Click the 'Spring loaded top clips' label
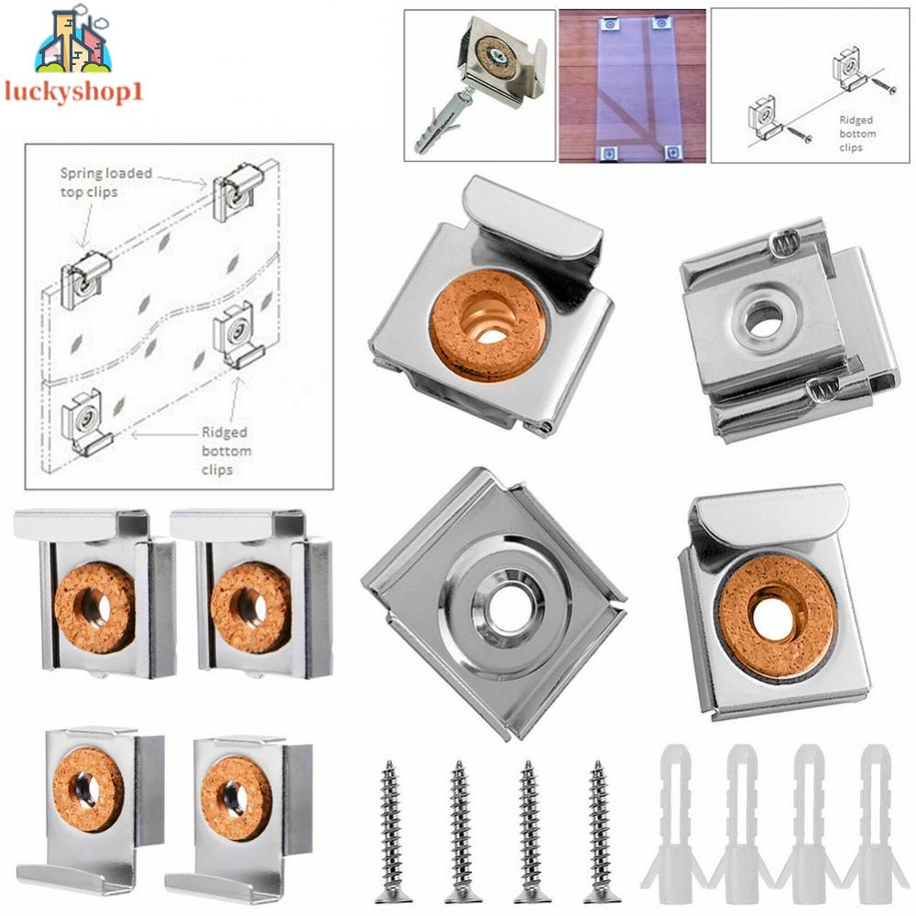click(106, 180)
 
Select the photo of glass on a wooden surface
click(631, 85)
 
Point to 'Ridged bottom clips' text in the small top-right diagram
click(856, 134)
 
